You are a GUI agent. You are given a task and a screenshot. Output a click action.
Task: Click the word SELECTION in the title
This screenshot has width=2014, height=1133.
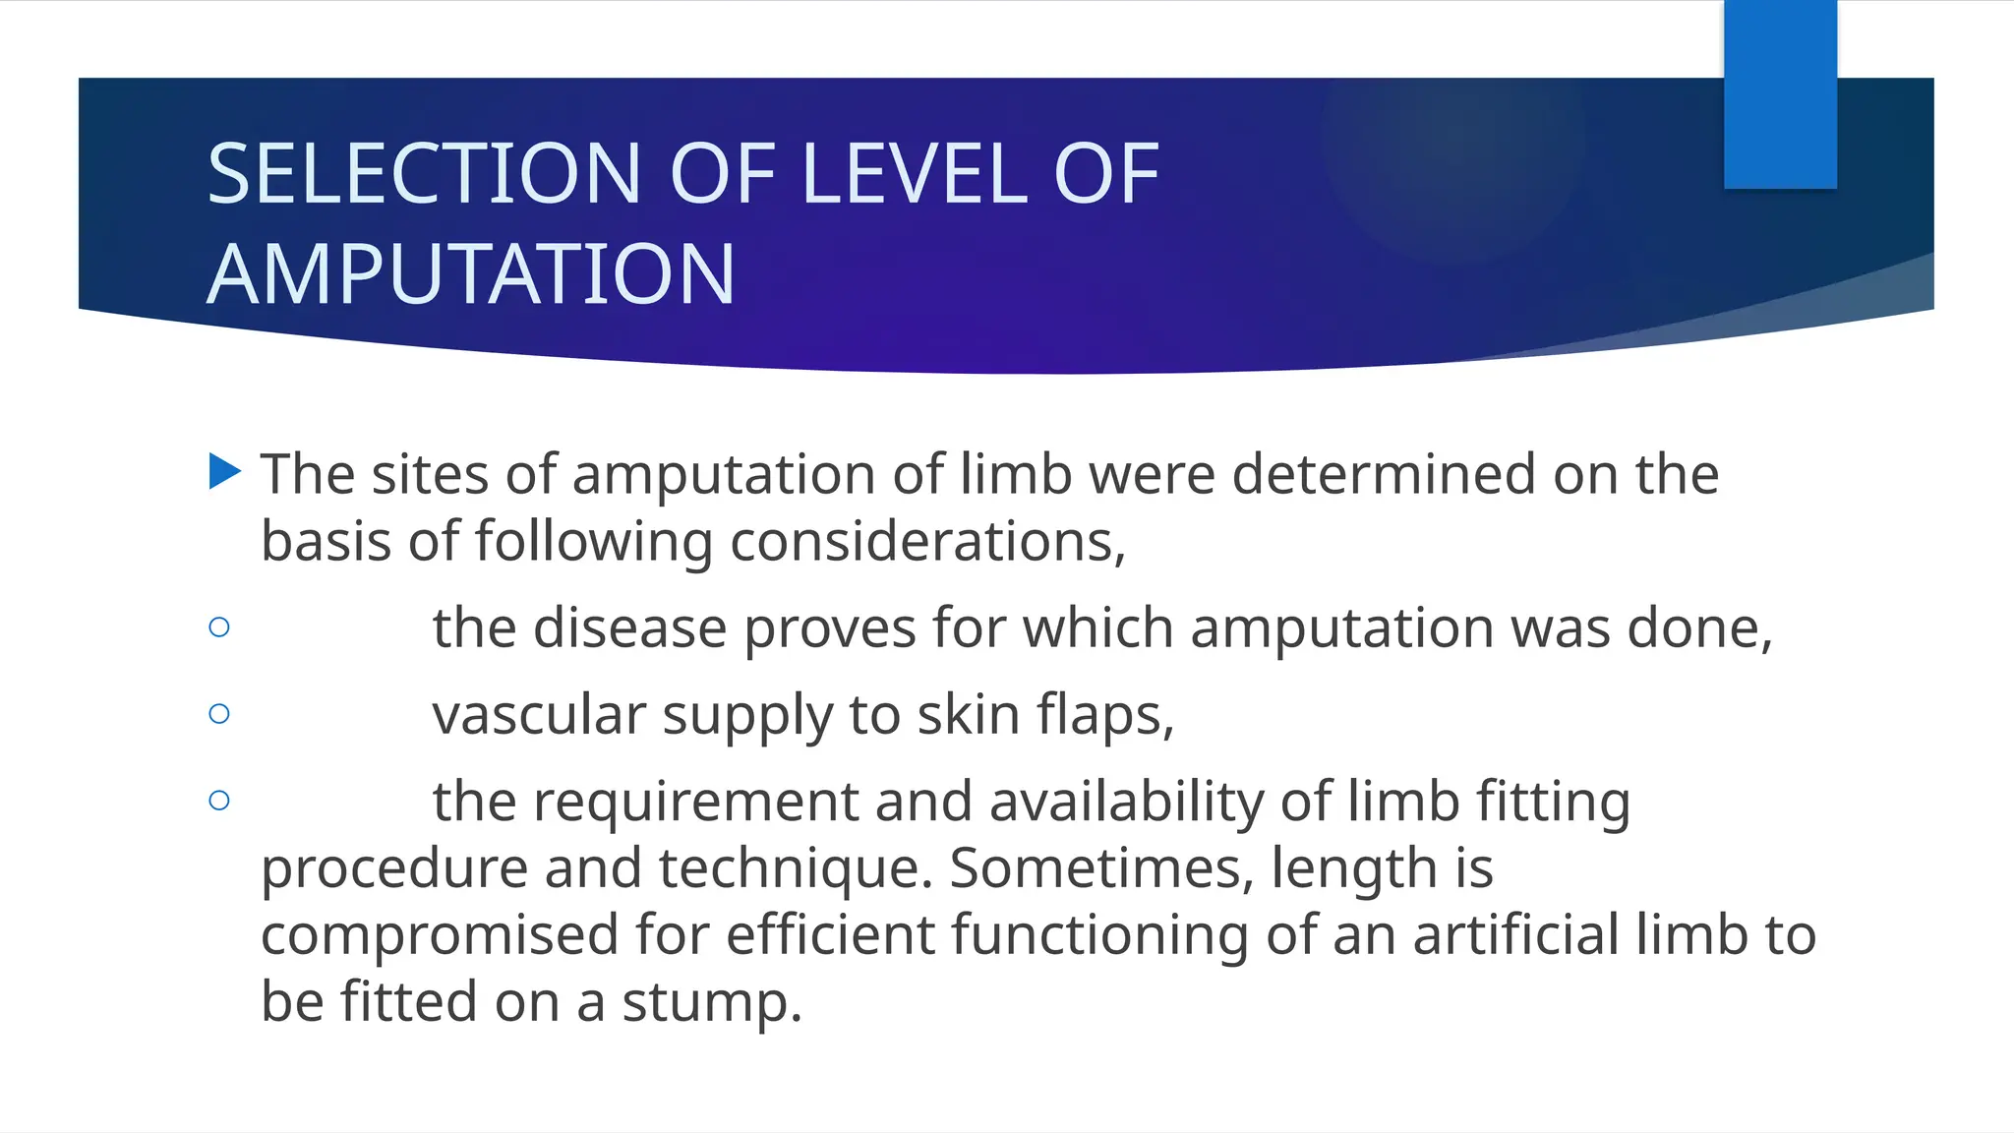[x=424, y=174]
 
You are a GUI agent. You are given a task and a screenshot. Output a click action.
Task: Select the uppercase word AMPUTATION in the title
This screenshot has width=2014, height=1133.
[x=471, y=274]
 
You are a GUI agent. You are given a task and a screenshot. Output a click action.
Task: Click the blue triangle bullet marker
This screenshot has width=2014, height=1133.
[x=224, y=472]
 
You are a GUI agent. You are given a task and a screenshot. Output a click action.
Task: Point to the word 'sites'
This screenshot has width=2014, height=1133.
[x=426, y=474]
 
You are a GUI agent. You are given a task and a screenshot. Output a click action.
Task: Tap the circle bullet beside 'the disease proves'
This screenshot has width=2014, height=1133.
[x=219, y=627]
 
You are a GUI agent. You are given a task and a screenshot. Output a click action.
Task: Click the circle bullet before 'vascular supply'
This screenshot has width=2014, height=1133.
[x=219, y=714]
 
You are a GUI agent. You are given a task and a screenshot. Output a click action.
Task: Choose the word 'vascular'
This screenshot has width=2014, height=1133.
[x=538, y=714]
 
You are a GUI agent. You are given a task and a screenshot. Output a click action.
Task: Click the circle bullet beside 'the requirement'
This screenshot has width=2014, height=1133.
[x=219, y=801]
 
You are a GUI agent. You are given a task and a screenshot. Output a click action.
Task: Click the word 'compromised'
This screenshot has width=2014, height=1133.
[x=439, y=936]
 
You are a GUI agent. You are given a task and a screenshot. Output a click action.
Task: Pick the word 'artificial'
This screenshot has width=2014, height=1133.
[x=1515, y=934]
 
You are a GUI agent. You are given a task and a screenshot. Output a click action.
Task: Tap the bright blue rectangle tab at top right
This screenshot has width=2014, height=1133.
[x=1780, y=93]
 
